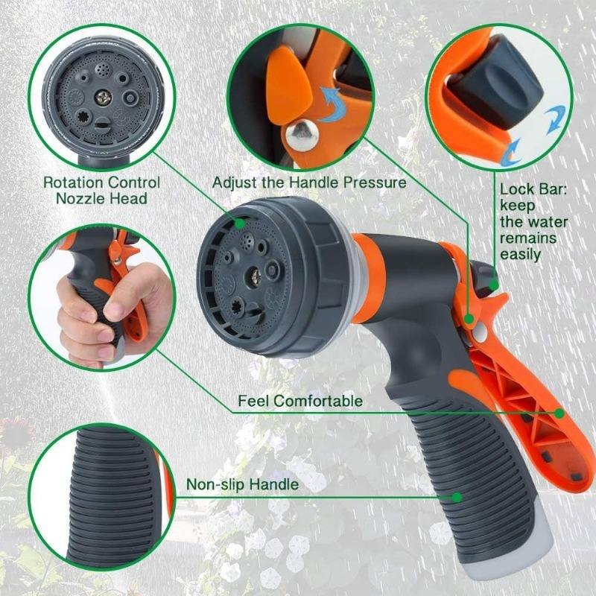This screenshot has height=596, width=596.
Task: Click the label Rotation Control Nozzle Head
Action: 101,190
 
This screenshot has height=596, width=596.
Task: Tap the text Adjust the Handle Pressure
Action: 309,183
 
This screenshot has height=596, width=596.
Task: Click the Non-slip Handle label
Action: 242,485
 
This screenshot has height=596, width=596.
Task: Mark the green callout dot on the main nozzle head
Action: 240,223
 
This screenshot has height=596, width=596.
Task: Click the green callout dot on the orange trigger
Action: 559,411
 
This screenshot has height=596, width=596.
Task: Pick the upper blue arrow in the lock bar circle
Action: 554,119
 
